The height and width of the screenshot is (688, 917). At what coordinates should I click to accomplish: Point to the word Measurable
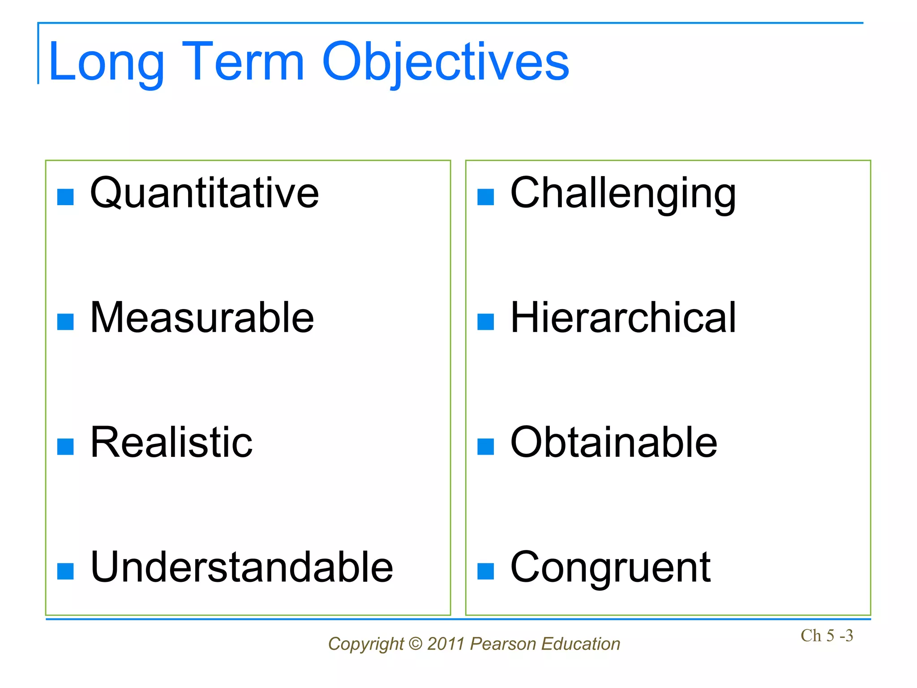point(202,318)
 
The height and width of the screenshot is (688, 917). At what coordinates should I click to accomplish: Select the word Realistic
point(171,443)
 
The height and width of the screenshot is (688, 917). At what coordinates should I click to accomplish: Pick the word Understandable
point(242,567)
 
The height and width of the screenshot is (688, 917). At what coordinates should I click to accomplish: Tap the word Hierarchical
point(623,318)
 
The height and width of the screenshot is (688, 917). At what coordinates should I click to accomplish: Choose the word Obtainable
point(614,443)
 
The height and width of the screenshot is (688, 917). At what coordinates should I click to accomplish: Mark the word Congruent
point(610,567)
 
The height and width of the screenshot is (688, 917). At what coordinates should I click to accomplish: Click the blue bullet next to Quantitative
point(65,197)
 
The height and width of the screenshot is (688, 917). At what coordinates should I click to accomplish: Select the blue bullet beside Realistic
point(65,447)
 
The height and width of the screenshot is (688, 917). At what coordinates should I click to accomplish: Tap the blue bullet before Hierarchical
point(485,322)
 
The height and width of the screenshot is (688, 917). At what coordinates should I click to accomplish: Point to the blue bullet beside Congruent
point(485,571)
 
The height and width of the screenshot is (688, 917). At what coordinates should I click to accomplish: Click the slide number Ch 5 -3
point(827,636)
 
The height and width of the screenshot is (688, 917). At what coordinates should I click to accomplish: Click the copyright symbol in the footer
point(416,644)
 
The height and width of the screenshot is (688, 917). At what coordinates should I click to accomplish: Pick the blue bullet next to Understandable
point(65,571)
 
